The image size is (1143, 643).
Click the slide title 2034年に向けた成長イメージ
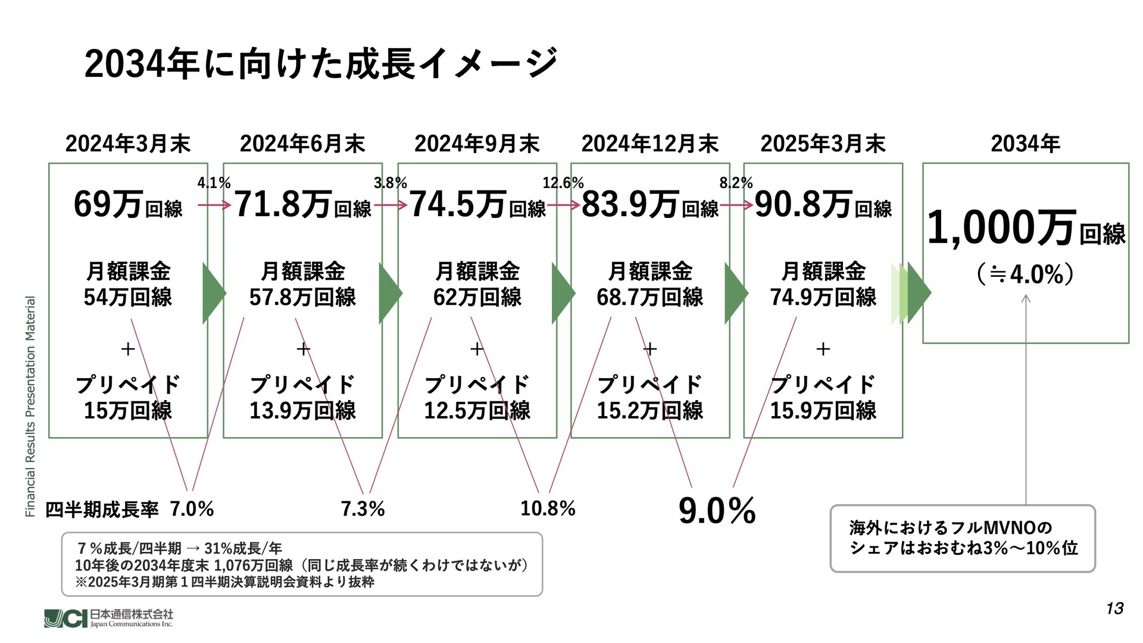pos(320,64)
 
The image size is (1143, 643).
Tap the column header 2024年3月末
pos(127,144)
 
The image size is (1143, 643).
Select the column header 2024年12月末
pos(649,144)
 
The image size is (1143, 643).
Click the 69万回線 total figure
pos(127,205)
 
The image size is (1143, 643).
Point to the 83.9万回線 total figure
pos(649,205)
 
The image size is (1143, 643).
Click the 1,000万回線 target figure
pos(1025,229)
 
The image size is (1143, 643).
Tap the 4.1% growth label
pos(214,183)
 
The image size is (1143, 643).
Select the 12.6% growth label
pos(563,183)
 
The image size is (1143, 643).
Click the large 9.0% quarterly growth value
pos(717,511)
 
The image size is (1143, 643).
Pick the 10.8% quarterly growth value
pos(548,508)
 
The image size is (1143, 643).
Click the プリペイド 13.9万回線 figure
pos(302,398)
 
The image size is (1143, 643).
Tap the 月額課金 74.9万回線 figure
pos(823,285)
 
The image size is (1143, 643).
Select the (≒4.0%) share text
pos(1025,274)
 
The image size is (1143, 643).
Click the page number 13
pos(1114,608)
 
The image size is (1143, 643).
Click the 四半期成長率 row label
pos(102,510)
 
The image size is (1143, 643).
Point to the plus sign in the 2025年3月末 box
pos(823,349)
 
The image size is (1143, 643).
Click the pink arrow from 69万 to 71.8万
pos(214,205)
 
